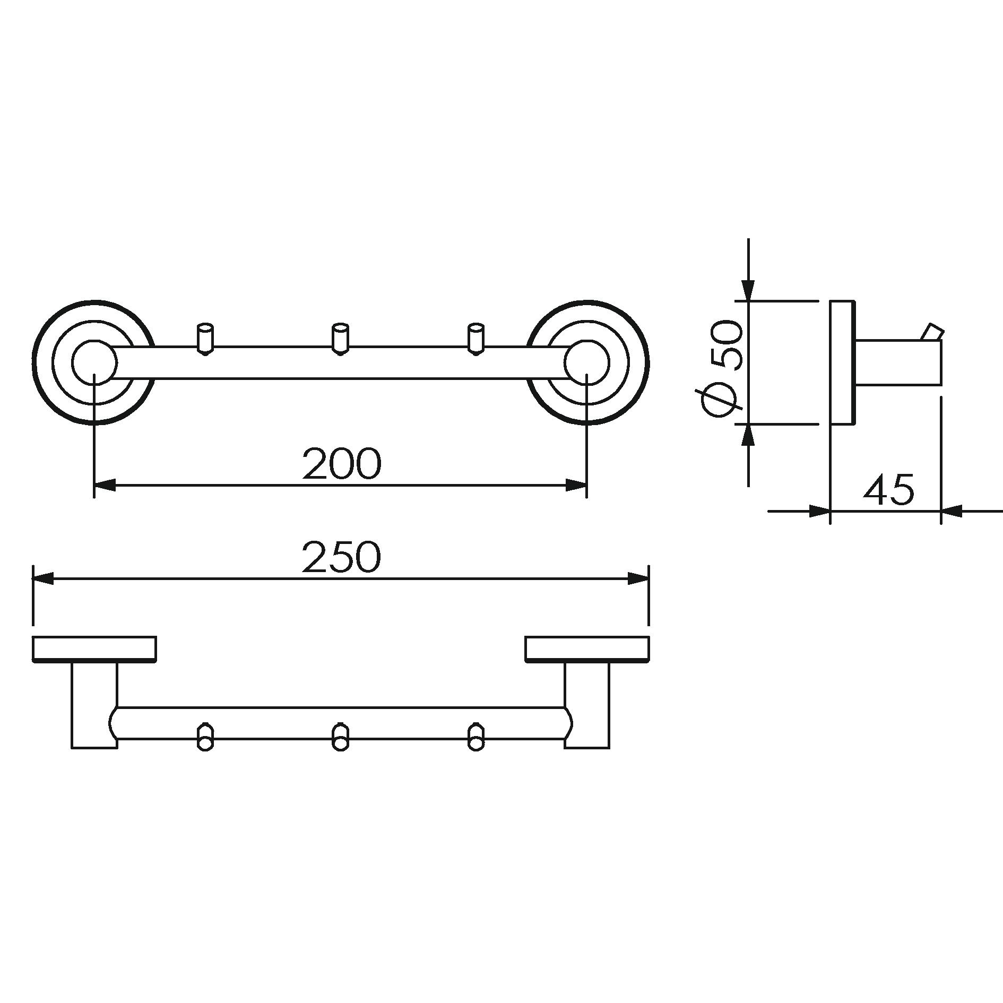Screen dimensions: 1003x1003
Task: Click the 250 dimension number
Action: (341, 557)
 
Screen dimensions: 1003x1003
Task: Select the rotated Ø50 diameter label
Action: (722, 366)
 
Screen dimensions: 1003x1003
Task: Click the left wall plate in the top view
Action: (94, 649)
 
